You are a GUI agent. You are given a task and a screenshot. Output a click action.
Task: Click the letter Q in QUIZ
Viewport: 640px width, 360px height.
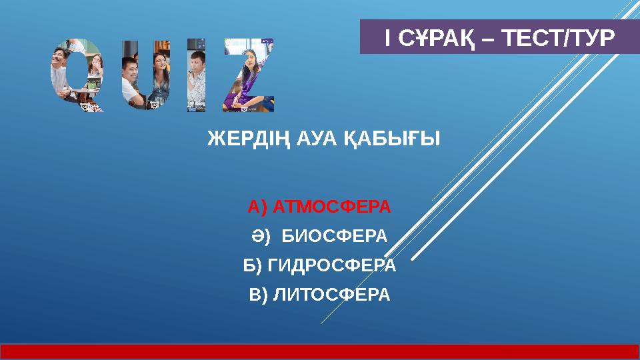pos(77,75)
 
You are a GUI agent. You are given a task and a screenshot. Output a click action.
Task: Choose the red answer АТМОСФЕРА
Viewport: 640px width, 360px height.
pos(331,207)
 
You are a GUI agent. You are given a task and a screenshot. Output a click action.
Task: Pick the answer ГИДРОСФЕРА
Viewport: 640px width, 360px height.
pos(331,265)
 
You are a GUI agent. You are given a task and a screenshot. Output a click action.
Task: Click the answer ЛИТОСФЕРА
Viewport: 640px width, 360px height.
pos(330,294)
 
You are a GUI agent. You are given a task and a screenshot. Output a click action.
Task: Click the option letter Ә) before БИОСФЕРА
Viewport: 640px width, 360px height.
pos(259,237)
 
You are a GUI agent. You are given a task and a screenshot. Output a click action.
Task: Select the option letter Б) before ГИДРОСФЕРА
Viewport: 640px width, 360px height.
pos(253,265)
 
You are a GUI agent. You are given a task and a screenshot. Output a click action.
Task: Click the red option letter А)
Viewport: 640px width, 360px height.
pos(257,207)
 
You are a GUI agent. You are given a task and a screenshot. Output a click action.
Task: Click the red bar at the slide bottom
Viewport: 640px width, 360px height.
pos(320,351)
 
